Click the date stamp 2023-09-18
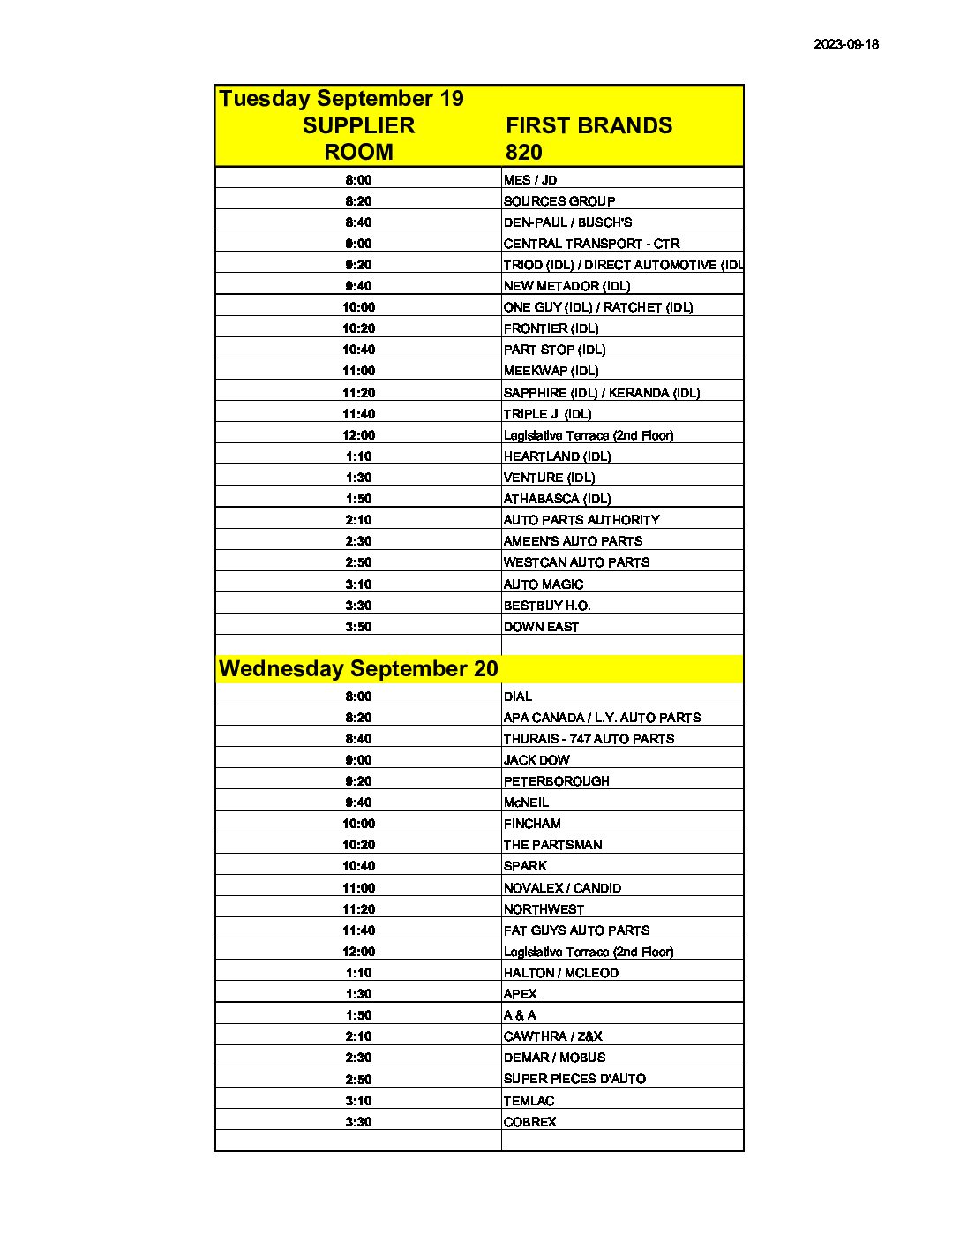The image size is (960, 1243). (845, 44)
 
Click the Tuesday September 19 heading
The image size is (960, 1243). (341, 99)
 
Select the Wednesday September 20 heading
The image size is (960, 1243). (358, 669)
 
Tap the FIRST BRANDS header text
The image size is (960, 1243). (589, 125)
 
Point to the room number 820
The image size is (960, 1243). (523, 152)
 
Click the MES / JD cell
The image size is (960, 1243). (530, 180)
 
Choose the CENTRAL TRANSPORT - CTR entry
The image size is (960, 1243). (591, 244)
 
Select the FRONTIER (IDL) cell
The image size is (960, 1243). (551, 328)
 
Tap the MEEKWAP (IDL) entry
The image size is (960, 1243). (551, 371)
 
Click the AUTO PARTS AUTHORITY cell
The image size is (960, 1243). (581, 520)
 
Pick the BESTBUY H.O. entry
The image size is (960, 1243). (547, 606)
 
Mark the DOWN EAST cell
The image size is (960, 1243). (541, 627)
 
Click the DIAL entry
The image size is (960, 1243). (518, 697)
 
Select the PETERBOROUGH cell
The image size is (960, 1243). (556, 781)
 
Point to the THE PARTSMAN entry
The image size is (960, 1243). (552, 845)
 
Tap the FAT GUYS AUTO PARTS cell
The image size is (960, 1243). (576, 930)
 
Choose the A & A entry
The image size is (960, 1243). (520, 1015)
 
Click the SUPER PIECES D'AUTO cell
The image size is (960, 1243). (574, 1079)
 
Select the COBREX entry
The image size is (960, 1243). (530, 1122)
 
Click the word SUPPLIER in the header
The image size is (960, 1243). (358, 125)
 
